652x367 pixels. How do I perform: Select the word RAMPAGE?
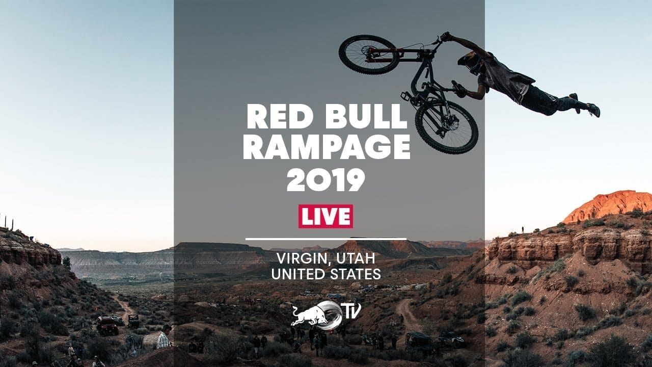327,147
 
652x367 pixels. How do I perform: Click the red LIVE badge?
325,216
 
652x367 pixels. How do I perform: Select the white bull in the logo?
306,316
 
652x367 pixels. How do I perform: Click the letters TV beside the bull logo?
351,311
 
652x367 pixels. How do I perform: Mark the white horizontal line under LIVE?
326,239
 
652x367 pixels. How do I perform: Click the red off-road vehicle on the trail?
107,326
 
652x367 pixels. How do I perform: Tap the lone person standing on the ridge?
523,229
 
